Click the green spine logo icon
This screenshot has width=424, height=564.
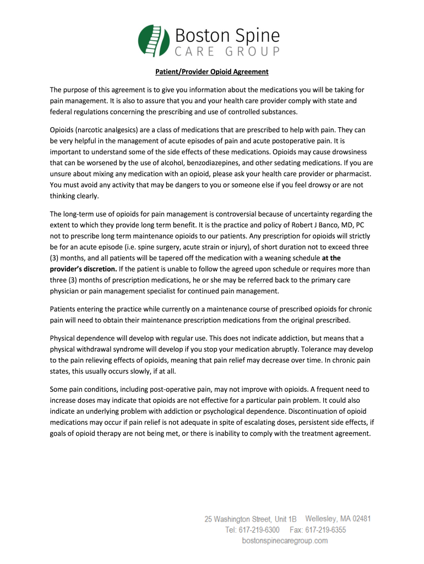153,41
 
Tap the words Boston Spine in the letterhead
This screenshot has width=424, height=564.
227,37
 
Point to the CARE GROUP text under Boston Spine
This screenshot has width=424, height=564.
227,53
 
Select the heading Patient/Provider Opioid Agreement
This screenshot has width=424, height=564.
211,72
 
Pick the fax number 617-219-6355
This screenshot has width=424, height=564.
326,530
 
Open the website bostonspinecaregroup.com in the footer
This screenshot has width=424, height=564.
285,541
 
